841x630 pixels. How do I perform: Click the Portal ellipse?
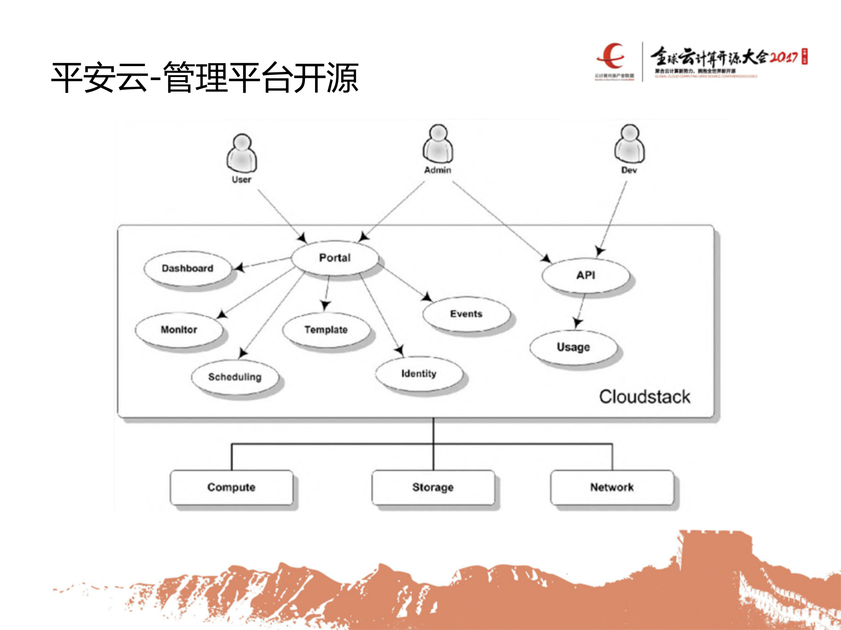point(335,258)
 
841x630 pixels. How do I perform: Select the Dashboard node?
point(188,268)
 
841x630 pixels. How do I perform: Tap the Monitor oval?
point(179,330)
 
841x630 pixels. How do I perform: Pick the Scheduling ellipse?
point(235,377)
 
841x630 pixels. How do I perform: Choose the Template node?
point(326,330)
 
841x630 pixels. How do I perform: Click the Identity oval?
point(419,374)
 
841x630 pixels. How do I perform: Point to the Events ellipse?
point(466,314)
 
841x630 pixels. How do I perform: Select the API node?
point(586,275)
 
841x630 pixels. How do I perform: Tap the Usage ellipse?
point(573,347)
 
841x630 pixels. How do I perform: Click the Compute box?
point(231,487)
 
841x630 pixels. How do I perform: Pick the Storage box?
point(433,487)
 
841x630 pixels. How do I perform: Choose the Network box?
point(612,487)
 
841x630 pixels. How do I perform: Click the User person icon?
point(241,153)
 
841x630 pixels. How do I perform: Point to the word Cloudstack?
point(645,397)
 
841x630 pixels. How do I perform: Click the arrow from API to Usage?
point(581,311)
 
